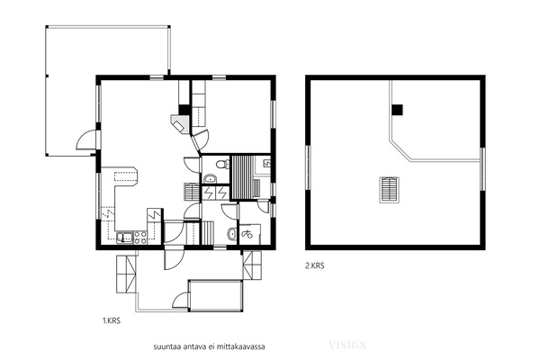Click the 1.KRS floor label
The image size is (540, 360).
112,320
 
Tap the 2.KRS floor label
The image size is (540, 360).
314,265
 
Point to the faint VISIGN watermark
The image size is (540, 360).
347,345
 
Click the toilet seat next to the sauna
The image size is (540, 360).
223,164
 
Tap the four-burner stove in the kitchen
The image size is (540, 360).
140,238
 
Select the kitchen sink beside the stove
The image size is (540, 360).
125,237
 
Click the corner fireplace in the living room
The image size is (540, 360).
181,124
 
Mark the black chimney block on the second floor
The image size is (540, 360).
397,110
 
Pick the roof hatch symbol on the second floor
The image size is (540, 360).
390,189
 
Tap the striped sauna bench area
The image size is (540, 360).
242,177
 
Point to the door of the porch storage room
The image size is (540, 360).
181,300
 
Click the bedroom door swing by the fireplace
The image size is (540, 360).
201,140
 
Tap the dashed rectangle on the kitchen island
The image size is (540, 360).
126,176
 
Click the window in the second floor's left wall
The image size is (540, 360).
308,167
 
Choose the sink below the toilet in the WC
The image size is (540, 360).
210,179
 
